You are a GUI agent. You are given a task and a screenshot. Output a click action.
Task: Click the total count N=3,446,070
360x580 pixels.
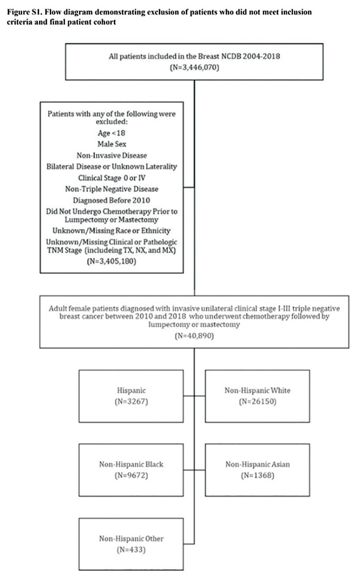click(x=194, y=67)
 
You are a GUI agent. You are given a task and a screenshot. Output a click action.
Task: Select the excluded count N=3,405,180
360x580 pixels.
click(x=112, y=261)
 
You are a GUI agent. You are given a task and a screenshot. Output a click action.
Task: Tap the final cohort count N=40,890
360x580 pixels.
click(x=194, y=336)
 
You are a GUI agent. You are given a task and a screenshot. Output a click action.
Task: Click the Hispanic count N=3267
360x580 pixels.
click(x=131, y=401)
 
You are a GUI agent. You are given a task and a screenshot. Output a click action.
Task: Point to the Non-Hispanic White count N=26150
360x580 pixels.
click(x=257, y=401)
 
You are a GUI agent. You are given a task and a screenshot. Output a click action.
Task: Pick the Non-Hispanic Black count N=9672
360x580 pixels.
click(x=131, y=476)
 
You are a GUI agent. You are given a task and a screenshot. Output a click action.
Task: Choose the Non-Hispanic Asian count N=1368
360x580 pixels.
click(x=257, y=476)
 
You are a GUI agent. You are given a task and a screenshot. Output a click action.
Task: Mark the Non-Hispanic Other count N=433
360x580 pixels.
click(x=131, y=549)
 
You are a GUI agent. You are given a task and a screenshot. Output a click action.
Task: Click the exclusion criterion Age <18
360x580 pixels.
click(x=112, y=133)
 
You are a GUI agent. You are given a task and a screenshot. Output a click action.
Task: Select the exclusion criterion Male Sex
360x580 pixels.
click(x=112, y=144)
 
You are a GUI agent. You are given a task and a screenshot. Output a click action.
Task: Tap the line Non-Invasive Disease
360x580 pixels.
click(x=112, y=156)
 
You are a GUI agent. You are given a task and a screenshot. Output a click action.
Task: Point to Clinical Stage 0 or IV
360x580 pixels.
click(x=112, y=178)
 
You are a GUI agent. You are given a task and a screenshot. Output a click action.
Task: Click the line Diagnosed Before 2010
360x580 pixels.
click(x=112, y=201)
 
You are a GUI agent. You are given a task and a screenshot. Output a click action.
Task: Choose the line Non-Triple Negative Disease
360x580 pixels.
click(x=112, y=189)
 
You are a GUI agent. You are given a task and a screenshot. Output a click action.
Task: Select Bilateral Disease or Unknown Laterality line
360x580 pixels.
click(x=112, y=166)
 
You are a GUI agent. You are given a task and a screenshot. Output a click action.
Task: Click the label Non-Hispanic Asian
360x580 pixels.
click(x=257, y=464)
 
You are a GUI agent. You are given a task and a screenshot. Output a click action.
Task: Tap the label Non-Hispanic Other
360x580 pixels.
click(x=131, y=539)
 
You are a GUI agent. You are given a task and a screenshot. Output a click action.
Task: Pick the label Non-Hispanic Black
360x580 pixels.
click(x=131, y=464)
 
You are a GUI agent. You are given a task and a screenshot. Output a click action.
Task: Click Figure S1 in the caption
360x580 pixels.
click(x=25, y=12)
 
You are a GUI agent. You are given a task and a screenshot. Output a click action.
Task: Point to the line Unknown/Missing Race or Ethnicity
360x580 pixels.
click(x=112, y=231)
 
